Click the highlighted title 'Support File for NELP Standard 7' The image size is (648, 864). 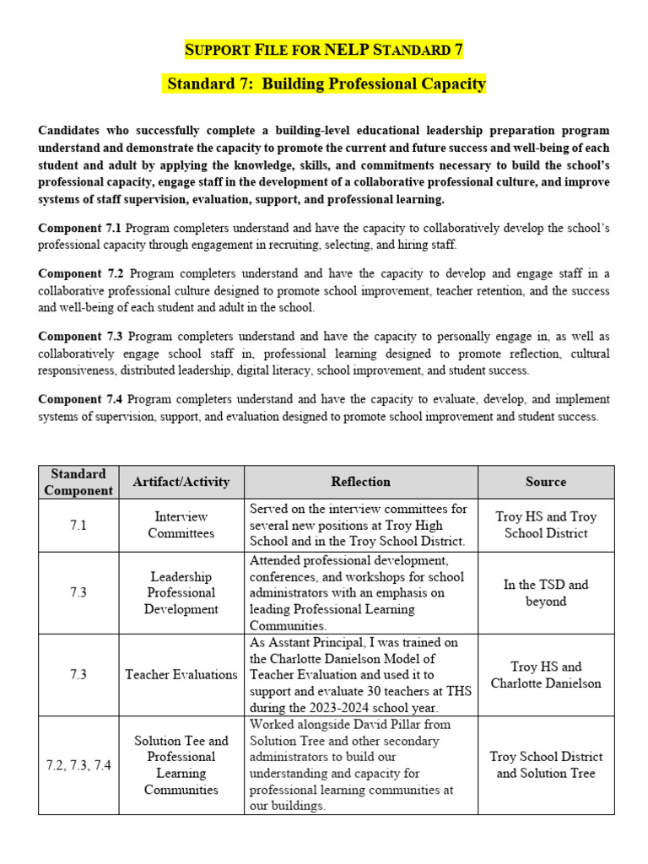tap(324, 50)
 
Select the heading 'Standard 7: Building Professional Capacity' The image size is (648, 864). tap(327, 84)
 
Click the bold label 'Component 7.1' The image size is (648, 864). tap(80, 229)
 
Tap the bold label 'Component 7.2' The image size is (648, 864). tap(80, 274)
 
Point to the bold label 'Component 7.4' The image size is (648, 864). tap(80, 399)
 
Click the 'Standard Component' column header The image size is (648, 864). tap(78, 482)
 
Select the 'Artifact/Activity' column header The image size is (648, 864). tap(181, 482)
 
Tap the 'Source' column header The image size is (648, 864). tap(545, 482)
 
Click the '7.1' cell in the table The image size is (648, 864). tap(78, 525)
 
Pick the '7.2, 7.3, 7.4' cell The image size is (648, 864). tap(78, 765)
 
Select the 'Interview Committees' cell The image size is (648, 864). tap(181, 525)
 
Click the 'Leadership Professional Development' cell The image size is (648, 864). tap(181, 592)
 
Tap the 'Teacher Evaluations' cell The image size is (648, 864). tap(181, 674)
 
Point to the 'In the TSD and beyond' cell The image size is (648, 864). tap(545, 592)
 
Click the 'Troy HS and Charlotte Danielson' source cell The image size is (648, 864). tap(545, 674)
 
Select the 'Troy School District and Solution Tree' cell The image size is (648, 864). tap(545, 765)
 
